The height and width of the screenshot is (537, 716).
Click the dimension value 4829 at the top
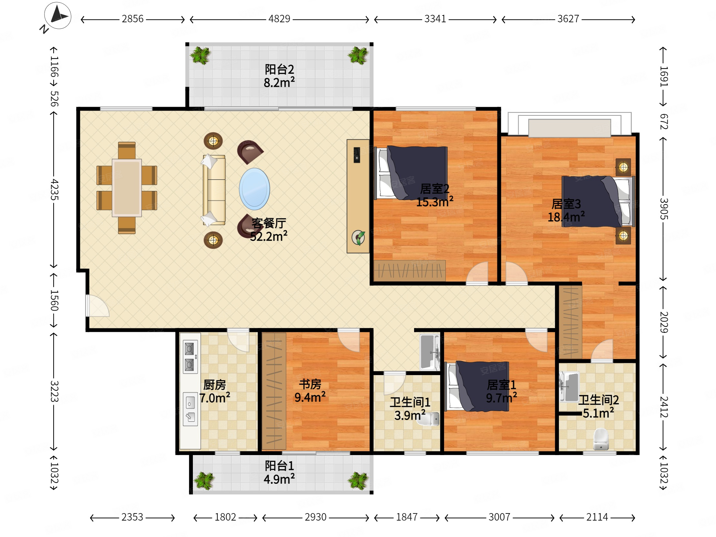[x=279, y=19]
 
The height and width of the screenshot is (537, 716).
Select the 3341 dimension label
[x=435, y=19]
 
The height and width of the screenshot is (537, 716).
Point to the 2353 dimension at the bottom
[x=132, y=517]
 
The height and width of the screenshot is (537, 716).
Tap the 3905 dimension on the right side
[x=664, y=209]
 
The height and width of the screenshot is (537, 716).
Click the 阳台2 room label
[x=279, y=69]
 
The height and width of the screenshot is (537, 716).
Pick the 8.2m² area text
[x=279, y=83]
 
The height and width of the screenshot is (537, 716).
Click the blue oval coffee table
[x=254, y=189]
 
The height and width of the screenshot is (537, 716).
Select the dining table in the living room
[x=126, y=188]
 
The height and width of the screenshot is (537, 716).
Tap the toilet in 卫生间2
[x=601, y=439]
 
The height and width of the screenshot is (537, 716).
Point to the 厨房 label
[x=214, y=385]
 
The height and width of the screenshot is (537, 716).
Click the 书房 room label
[x=310, y=384]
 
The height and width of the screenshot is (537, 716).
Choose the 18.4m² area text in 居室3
[x=566, y=216]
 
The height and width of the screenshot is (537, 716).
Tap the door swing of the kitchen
[x=238, y=340]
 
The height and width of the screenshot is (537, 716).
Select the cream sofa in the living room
[x=214, y=190]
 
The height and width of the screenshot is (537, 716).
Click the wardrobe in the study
[x=274, y=391]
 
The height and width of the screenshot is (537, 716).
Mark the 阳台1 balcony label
[x=279, y=466]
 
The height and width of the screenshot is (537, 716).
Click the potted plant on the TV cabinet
[x=358, y=238]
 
